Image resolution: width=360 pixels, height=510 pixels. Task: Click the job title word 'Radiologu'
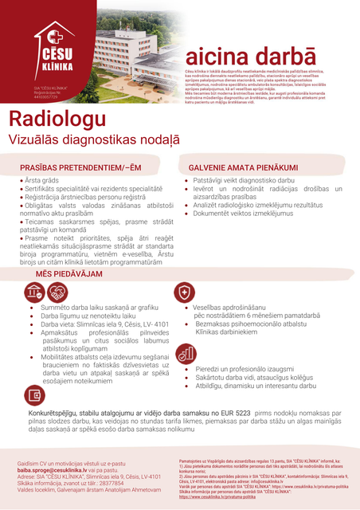tap(57, 119)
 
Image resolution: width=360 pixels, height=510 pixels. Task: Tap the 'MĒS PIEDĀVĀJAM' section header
tap(68, 273)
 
